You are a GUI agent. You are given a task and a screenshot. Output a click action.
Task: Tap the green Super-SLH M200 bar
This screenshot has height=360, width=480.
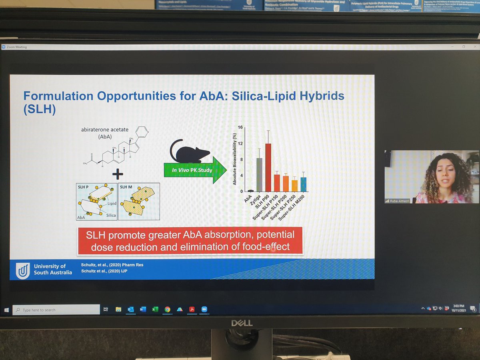[x=303, y=184]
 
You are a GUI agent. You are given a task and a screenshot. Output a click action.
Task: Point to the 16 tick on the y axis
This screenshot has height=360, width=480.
[x=240, y=127]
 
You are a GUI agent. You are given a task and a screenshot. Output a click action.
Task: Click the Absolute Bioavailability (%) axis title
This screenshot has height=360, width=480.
[x=235, y=159]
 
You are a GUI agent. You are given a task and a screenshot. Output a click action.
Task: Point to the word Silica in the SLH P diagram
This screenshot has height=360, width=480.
[x=111, y=216]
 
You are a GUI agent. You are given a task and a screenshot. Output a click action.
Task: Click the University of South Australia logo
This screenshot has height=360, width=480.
[x=22, y=270]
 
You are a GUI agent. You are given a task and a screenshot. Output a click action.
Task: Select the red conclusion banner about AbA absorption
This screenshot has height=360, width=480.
[x=190, y=240]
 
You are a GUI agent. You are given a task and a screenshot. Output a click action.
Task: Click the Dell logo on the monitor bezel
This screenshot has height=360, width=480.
[x=242, y=322]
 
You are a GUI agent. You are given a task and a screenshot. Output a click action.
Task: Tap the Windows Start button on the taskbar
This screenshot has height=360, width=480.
[x=7, y=310]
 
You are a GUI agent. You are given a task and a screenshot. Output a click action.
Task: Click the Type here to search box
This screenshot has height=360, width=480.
[x=56, y=310]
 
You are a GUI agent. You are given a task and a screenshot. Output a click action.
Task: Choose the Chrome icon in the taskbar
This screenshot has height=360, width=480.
[x=167, y=309]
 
